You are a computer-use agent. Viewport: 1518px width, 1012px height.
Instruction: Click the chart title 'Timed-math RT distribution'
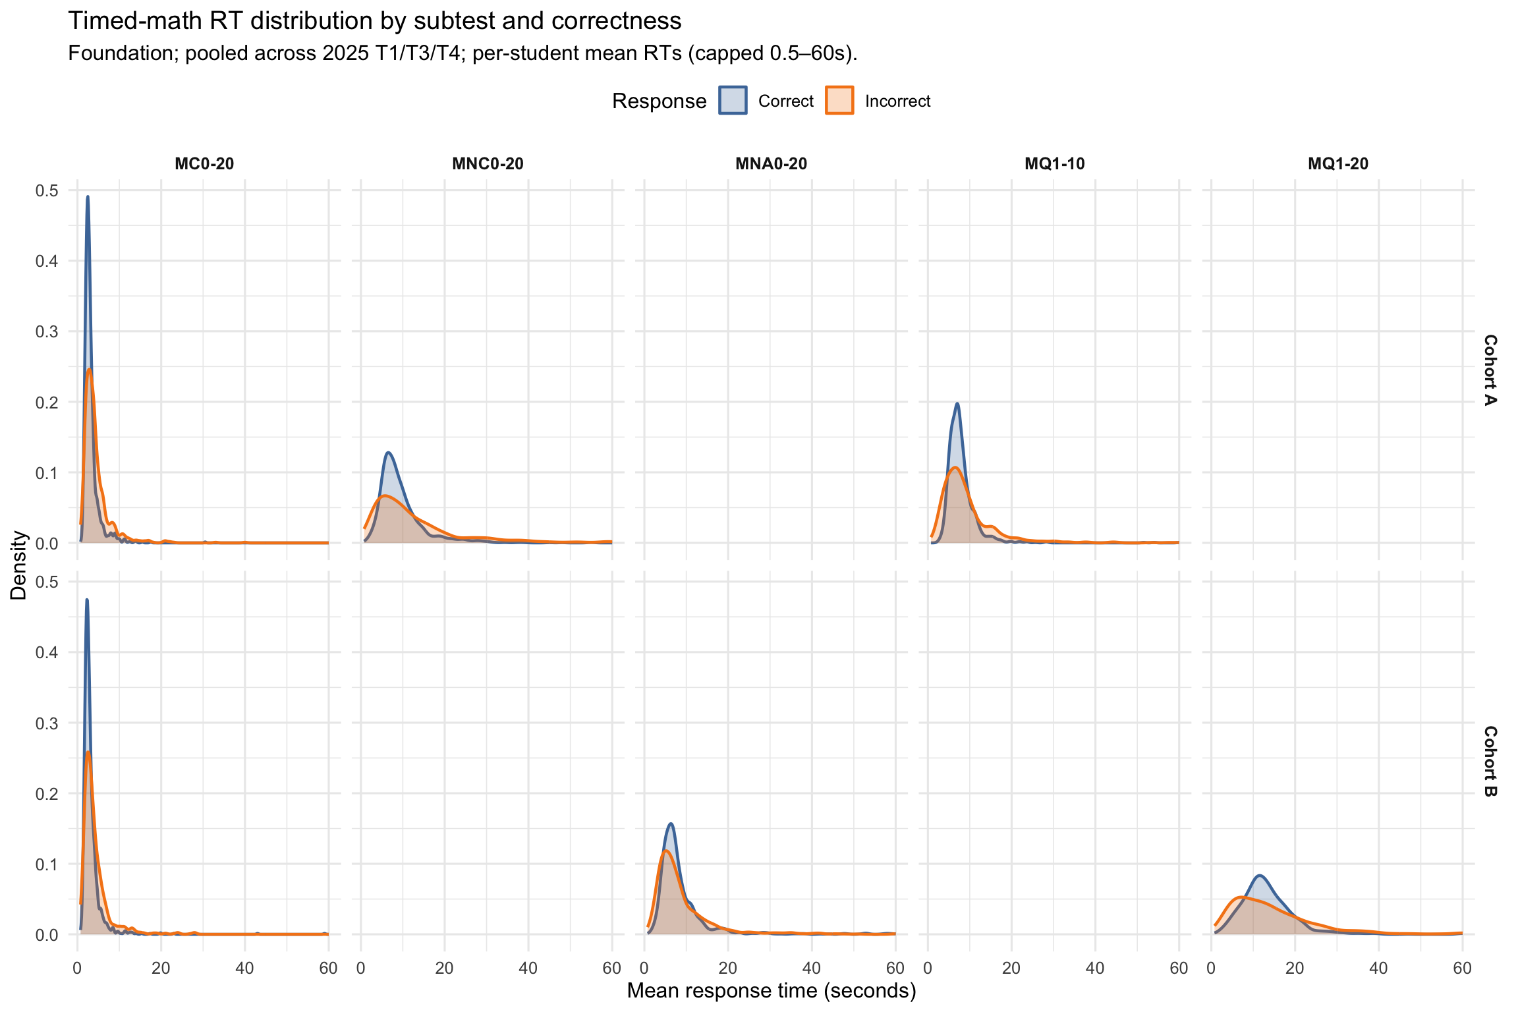(374, 21)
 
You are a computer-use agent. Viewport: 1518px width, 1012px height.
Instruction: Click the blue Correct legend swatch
(733, 101)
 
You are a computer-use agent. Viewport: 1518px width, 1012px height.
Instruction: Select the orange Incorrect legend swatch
(839, 101)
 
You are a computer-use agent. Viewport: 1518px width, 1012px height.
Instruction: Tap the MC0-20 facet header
(204, 164)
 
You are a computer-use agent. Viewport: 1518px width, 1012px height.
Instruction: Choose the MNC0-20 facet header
(488, 164)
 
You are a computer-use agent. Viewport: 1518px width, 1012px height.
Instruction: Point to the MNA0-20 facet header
(771, 164)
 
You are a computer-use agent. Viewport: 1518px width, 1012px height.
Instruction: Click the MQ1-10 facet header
(1054, 164)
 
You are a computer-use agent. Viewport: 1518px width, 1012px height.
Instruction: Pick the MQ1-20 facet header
(1337, 164)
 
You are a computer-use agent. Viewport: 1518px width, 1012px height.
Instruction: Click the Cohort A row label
(1490, 370)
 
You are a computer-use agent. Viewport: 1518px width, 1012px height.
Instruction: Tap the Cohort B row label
(1490, 761)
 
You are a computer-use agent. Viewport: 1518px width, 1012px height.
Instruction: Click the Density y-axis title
(18, 565)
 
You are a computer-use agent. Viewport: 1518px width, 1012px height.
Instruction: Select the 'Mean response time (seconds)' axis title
(771, 991)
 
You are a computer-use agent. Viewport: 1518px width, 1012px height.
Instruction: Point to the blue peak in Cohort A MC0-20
(88, 196)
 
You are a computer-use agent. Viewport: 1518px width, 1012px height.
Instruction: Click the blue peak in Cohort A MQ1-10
(957, 403)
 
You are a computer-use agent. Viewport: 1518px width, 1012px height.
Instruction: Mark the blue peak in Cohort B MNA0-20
(671, 824)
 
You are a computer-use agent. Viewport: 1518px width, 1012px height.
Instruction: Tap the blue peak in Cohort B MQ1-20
(1260, 876)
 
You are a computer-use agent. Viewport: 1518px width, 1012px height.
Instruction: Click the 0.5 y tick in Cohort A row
(47, 190)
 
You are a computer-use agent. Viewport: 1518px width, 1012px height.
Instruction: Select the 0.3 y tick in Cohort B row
(47, 723)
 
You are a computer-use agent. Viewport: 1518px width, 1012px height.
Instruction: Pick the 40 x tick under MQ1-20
(1378, 968)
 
